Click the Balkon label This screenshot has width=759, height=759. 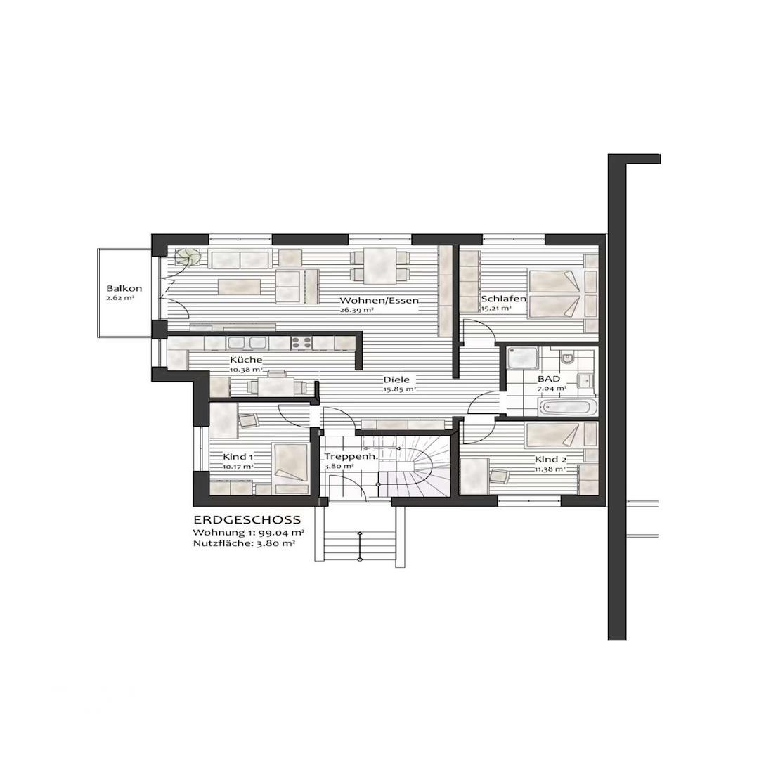124,288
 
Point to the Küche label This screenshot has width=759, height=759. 246,360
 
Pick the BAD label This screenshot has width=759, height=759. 550,378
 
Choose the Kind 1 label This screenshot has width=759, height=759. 238,456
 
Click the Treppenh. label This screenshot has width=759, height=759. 351,456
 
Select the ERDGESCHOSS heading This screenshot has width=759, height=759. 247,520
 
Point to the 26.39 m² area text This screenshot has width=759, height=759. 356,310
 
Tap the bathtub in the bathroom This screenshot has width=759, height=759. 569,407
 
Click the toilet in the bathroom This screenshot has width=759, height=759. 568,360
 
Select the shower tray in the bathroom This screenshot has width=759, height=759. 521,358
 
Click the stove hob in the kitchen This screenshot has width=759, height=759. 301,343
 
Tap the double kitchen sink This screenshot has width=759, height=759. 247,343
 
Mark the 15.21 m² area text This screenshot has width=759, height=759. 496,308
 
